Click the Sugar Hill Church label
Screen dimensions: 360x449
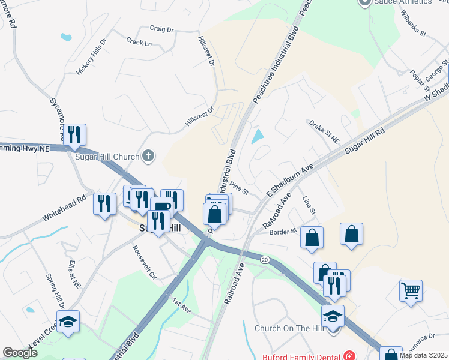coord(109,157)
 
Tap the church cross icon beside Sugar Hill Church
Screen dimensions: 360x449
coord(148,157)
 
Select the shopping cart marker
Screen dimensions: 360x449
coord(411,292)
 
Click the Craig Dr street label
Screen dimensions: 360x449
coord(161,29)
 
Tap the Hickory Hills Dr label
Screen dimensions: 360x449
coord(91,58)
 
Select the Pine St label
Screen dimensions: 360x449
coord(238,188)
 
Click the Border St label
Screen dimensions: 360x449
coord(283,232)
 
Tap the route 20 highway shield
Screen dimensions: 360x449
coord(264,259)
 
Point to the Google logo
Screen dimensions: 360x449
coord(20,353)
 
